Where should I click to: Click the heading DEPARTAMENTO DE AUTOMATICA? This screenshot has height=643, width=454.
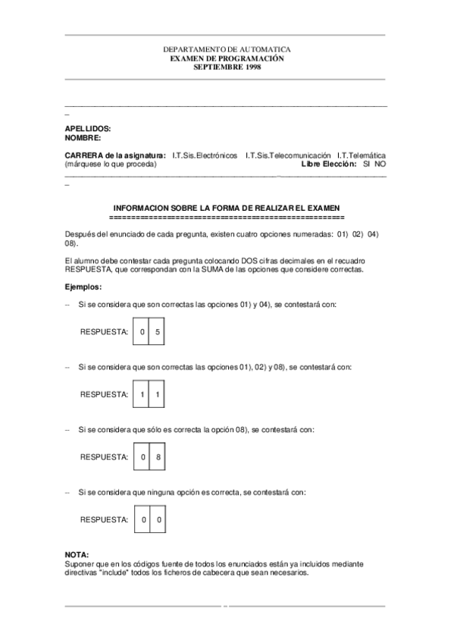tap(227, 49)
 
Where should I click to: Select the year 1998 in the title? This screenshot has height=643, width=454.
tap(252, 66)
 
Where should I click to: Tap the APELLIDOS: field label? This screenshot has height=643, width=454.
tap(88, 130)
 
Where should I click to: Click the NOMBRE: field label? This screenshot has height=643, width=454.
tap(83, 138)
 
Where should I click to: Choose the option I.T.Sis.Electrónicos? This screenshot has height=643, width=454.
tap(205, 155)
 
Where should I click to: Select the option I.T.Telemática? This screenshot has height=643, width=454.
tap(361, 155)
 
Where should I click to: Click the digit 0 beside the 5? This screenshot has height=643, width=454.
tap(142, 332)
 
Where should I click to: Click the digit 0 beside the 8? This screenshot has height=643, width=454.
tap(142, 457)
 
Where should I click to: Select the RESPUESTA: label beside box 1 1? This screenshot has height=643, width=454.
tap(104, 394)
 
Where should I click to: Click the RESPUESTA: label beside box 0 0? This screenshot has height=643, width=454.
tap(104, 519)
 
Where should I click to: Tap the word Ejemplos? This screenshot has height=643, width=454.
tap(83, 287)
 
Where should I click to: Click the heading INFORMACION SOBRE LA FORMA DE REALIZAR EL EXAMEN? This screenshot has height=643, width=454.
tap(227, 208)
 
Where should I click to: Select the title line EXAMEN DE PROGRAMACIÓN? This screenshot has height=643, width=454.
tap(227, 58)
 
